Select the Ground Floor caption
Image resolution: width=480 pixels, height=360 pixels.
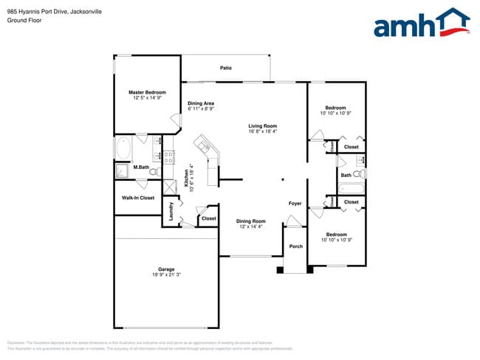(x=24, y=21)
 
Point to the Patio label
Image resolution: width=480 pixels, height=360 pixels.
(x=226, y=68)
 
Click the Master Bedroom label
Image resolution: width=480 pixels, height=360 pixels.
(x=147, y=92)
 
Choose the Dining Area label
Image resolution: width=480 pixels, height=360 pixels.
(x=201, y=103)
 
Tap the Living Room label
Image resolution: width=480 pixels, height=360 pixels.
(x=262, y=126)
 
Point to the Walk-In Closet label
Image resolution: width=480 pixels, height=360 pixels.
(x=138, y=198)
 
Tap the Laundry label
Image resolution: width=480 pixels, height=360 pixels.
(x=171, y=212)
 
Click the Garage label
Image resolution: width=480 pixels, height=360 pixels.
(x=166, y=269)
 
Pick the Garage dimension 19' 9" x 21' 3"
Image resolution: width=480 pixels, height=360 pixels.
(x=166, y=275)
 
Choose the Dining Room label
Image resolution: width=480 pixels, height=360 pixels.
(x=250, y=221)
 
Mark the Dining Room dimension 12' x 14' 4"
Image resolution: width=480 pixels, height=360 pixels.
(x=250, y=227)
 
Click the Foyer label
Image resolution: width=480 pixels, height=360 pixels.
(x=295, y=203)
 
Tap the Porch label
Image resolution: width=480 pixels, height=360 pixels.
(x=295, y=246)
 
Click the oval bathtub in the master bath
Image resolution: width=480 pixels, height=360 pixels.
(x=123, y=148)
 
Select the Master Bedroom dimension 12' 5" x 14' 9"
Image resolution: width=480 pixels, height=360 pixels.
(x=147, y=98)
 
